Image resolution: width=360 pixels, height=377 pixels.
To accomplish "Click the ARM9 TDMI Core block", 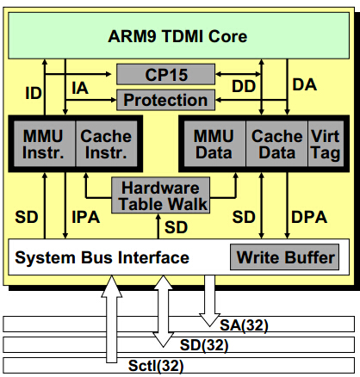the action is pyautogui.click(x=178, y=35).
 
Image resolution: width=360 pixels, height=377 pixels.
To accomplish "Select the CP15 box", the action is pyautogui.click(x=165, y=74).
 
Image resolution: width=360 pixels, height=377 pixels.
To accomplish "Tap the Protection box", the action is pyautogui.click(x=165, y=100).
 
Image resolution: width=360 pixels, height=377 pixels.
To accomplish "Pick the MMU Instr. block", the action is pyautogui.click(x=44, y=144).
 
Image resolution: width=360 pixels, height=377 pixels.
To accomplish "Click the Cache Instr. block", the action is pyautogui.click(x=106, y=144).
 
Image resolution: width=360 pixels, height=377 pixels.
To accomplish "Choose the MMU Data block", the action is pyautogui.click(x=214, y=144).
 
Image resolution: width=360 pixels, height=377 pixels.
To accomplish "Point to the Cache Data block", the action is pyautogui.click(x=276, y=144).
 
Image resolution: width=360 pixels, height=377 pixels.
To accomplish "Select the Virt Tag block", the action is pyautogui.click(x=326, y=144).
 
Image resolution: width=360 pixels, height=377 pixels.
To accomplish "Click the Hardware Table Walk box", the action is pyautogui.click(x=160, y=195).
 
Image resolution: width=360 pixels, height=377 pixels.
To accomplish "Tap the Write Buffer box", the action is pyautogui.click(x=284, y=257).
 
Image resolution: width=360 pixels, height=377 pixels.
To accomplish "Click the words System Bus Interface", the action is pyautogui.click(x=102, y=257).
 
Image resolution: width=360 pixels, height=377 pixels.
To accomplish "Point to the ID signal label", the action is pyautogui.click(x=34, y=93).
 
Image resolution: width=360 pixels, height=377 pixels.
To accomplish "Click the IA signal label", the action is pyautogui.click(x=80, y=88).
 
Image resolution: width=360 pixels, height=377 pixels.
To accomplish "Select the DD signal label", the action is pyautogui.click(x=244, y=86).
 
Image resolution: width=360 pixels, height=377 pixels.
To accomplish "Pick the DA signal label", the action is pyautogui.click(x=305, y=84).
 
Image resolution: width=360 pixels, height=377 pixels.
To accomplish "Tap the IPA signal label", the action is pyautogui.click(x=86, y=217).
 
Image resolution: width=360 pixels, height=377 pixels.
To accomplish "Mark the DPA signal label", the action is pyautogui.click(x=309, y=217).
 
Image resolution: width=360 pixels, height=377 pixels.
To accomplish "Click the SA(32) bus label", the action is pyautogui.click(x=244, y=325).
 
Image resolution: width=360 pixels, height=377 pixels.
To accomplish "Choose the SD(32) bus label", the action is pyautogui.click(x=204, y=345).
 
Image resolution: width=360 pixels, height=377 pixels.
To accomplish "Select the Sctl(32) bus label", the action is pyautogui.click(x=156, y=366).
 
